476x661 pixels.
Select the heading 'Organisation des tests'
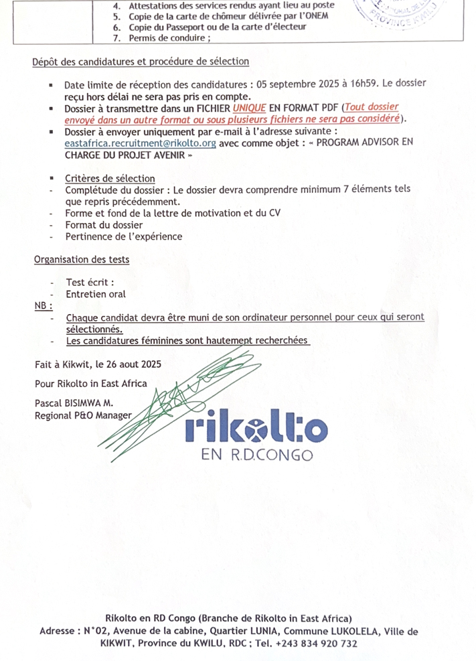tap(82, 259)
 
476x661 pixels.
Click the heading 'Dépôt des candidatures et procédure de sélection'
tap(141, 62)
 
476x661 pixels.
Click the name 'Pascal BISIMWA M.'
tap(76, 403)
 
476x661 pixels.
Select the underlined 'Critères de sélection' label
tap(110, 178)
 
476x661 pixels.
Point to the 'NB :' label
tap(44, 305)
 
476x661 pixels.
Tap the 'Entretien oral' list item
tap(96, 293)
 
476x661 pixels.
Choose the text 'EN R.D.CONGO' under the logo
tap(256, 455)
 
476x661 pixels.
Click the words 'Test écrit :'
tap(90, 282)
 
